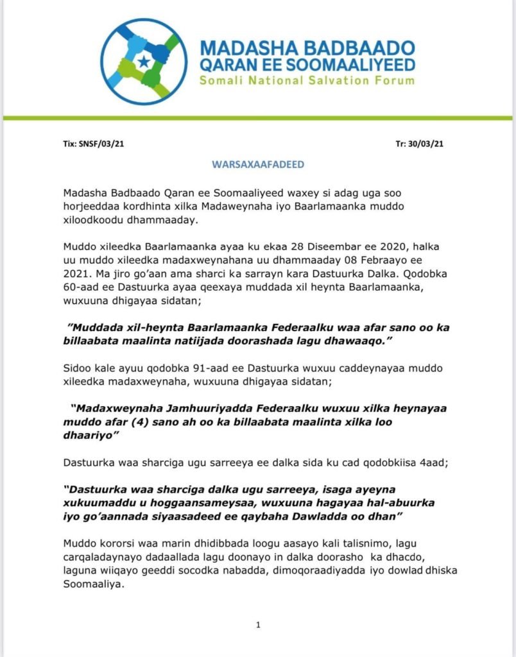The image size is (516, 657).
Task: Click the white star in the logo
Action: tap(144, 61)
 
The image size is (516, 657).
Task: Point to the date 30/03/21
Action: tap(426, 144)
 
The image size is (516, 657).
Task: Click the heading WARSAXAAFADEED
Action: tap(257, 164)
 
